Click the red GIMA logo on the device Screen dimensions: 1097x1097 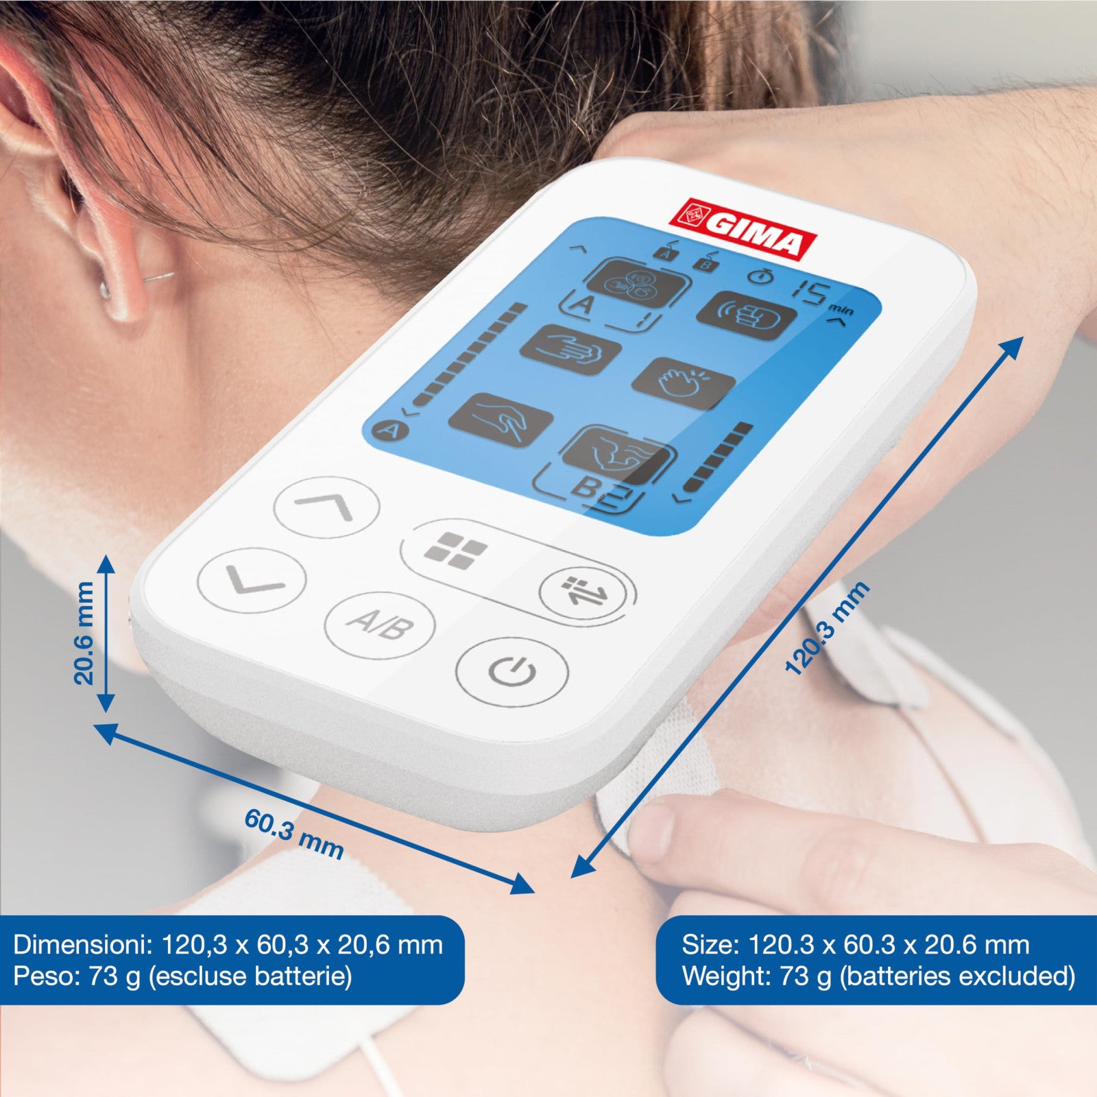pyautogui.click(x=743, y=230)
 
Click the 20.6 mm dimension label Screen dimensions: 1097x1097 pyautogui.click(x=84, y=633)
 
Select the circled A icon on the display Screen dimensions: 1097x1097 pyautogui.click(x=389, y=431)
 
